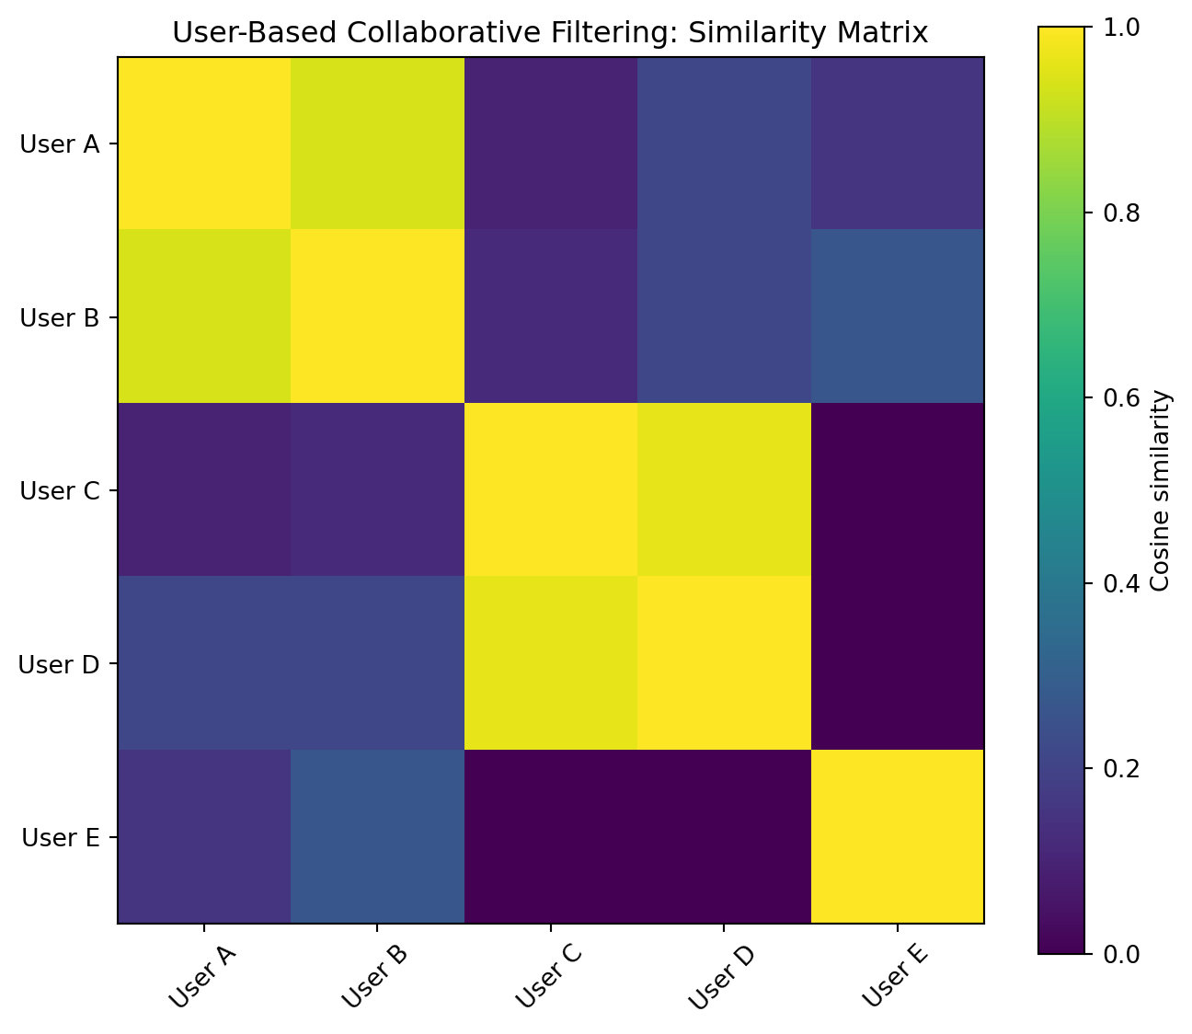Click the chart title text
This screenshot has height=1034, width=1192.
(x=549, y=32)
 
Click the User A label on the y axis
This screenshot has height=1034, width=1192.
(x=60, y=144)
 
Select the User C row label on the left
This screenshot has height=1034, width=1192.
(x=60, y=490)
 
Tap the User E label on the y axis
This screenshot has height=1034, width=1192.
(x=61, y=837)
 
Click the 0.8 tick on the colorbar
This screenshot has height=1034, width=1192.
(x=1121, y=213)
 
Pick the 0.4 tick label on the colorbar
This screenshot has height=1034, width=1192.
(x=1121, y=584)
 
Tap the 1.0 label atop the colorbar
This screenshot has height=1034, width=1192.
(x=1121, y=28)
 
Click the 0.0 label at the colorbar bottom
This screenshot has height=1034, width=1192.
(x=1121, y=955)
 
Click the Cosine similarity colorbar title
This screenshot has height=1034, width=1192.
(x=1160, y=491)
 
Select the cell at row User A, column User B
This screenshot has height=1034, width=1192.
(x=377, y=144)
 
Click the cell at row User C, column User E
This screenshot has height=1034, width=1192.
(x=898, y=489)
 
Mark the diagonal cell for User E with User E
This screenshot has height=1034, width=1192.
(x=898, y=836)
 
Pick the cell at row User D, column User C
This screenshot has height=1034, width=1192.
(x=551, y=662)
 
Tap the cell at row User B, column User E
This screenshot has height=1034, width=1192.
(x=898, y=316)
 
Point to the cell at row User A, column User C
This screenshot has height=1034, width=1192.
(x=551, y=144)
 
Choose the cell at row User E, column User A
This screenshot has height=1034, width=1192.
(x=204, y=836)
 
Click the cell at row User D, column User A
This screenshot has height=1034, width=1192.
(x=204, y=662)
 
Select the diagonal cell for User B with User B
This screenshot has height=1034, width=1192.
(x=377, y=316)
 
